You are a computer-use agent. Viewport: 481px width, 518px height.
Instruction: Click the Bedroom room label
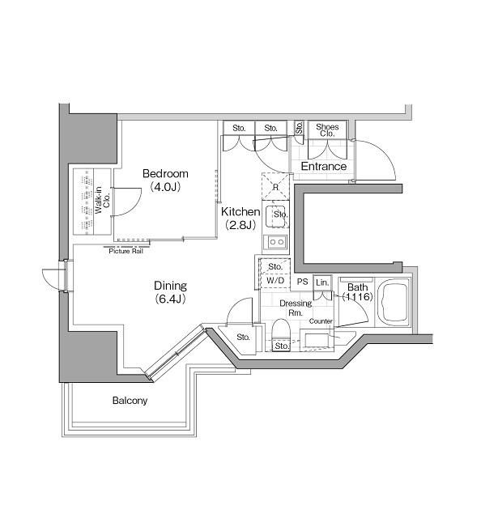165,174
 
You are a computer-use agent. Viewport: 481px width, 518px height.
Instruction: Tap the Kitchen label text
240,211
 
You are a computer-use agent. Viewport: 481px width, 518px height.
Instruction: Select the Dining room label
171,286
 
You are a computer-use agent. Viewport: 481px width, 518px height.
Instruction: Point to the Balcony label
130,401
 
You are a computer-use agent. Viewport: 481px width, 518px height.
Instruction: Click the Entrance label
324,167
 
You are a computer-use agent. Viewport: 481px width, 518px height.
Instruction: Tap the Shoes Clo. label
327,129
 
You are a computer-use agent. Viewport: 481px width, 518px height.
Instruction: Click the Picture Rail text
126,251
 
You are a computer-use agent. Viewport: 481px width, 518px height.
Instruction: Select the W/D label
275,282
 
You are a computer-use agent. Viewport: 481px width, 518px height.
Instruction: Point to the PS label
301,282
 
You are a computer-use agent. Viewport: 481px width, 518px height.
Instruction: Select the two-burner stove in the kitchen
275,242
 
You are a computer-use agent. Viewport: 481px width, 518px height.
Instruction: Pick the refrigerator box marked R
276,187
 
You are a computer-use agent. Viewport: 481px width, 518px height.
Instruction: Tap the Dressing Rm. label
291,308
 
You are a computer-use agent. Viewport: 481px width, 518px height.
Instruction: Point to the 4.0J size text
165,187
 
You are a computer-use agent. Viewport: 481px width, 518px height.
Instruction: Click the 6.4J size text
171,299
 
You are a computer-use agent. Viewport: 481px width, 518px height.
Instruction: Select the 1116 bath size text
356,298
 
